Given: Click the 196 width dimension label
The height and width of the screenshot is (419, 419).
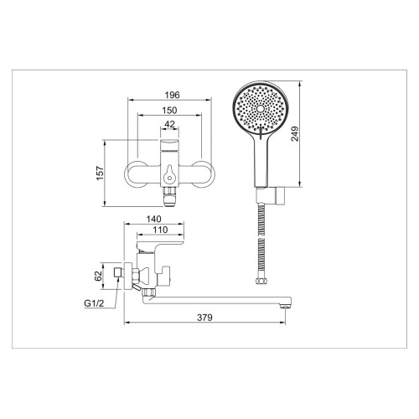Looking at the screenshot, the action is click(x=172, y=95).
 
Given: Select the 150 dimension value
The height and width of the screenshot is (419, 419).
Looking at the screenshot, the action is click(x=169, y=111).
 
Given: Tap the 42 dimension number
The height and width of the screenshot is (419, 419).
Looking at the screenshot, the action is click(x=169, y=124).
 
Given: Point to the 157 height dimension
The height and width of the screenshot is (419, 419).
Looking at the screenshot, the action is click(x=100, y=173).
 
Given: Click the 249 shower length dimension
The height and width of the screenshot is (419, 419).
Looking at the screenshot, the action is click(x=295, y=134).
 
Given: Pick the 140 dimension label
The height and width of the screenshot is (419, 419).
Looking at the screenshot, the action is click(x=153, y=219).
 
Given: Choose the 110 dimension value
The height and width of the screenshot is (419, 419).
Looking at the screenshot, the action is click(x=160, y=230).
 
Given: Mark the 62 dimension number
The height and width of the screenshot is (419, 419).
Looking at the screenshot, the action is click(x=98, y=277).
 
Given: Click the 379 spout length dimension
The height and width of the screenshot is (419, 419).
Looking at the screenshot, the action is click(x=204, y=318).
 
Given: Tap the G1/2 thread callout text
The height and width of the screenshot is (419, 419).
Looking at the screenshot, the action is click(x=94, y=303).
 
